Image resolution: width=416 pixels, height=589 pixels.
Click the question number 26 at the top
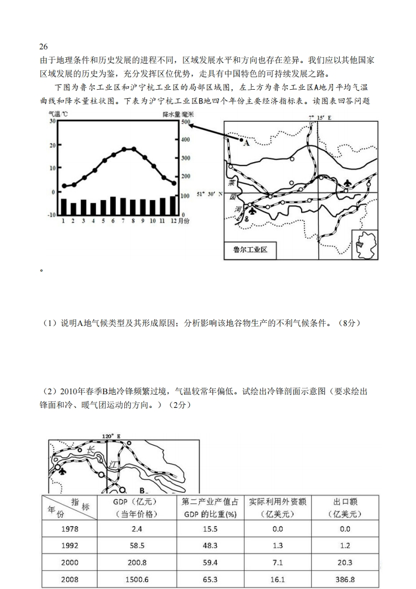click(x=44, y=47)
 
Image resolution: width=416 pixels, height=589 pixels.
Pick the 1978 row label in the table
click(x=70, y=529)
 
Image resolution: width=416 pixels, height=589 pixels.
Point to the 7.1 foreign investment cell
click(x=278, y=562)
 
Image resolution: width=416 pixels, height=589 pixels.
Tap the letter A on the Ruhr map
click(x=247, y=142)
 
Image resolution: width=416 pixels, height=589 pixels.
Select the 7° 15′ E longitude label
click(x=319, y=118)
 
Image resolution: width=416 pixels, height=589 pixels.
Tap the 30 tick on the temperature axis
click(x=51, y=121)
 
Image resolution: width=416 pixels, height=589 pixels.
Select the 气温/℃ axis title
click(x=58, y=113)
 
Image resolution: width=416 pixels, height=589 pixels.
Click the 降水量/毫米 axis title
click(x=178, y=113)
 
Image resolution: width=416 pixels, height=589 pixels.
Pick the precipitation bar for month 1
click(x=63, y=207)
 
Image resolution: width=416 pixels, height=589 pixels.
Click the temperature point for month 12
click(x=174, y=183)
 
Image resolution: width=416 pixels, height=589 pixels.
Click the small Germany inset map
click(x=363, y=244)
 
